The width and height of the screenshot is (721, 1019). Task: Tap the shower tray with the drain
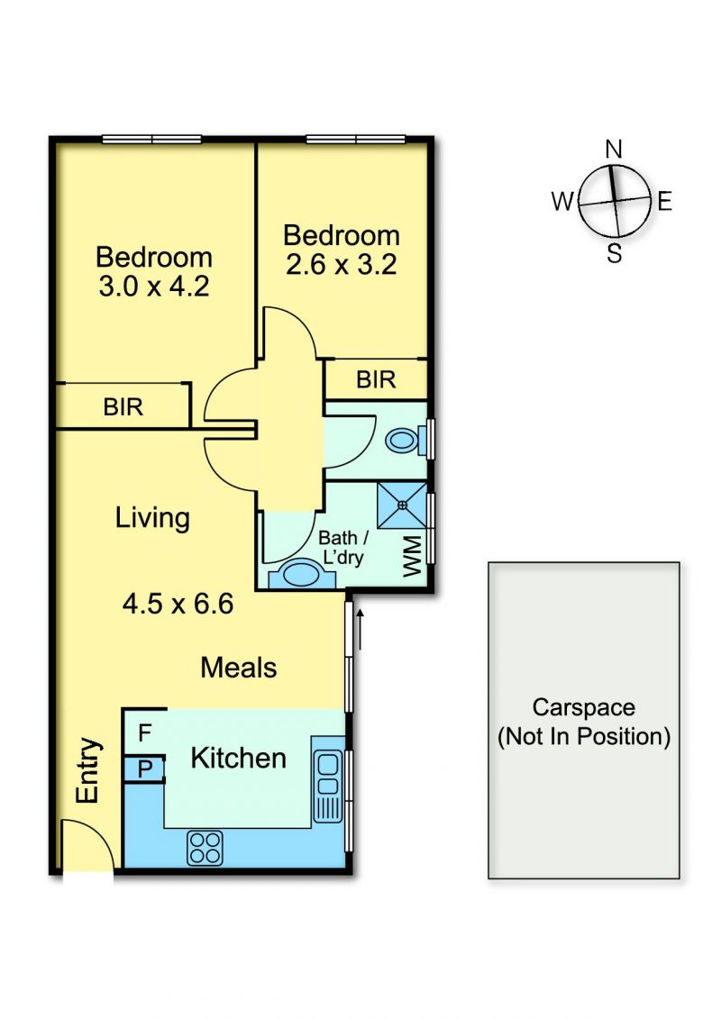(x=403, y=505)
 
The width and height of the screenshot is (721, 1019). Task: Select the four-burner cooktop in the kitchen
(x=205, y=848)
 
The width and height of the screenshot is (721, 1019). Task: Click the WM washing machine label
(x=412, y=555)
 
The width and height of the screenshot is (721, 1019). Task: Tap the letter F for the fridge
(x=144, y=733)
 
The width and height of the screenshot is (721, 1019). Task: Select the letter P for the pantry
(x=145, y=769)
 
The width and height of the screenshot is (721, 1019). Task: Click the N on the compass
(x=613, y=150)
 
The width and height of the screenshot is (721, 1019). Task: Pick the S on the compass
(x=615, y=253)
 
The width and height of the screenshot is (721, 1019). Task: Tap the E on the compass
(x=664, y=202)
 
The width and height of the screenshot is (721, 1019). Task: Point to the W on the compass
(x=563, y=202)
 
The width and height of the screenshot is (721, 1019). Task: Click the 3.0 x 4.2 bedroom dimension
(x=154, y=286)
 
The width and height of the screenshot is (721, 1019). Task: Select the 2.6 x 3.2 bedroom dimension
(x=342, y=264)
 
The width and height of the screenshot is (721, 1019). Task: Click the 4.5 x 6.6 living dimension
(x=178, y=604)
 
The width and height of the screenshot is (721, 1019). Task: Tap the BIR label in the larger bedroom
(x=123, y=407)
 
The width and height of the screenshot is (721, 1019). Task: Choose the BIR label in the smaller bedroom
(x=376, y=379)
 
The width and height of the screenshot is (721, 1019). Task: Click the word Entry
(x=88, y=770)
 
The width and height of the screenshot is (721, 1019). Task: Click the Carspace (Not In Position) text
(x=584, y=722)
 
